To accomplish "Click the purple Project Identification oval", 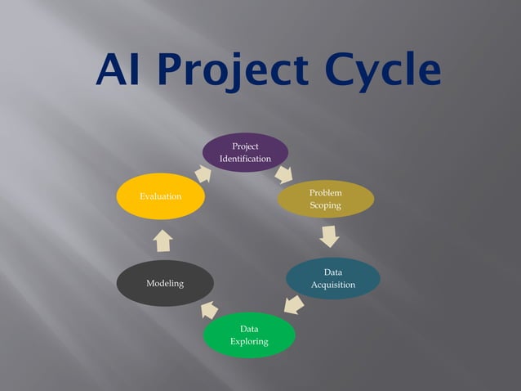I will (x=245, y=152).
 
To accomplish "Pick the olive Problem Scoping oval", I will (x=325, y=199).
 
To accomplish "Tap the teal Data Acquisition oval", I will (x=332, y=278).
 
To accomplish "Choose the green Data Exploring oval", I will (x=248, y=335).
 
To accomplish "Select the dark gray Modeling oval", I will (x=165, y=283).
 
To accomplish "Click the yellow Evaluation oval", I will (x=160, y=197).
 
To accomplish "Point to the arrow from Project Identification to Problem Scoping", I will (x=283, y=173).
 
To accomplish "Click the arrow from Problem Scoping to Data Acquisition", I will (x=328, y=236).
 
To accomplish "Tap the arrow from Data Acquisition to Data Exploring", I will (x=294, y=305).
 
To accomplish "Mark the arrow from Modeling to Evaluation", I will (x=163, y=240).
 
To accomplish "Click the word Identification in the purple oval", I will (x=245, y=159).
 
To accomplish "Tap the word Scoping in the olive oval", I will (x=325, y=205).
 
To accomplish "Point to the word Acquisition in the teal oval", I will (x=332, y=285).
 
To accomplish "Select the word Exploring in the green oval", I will (x=248, y=341).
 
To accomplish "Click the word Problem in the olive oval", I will (x=325, y=192).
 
